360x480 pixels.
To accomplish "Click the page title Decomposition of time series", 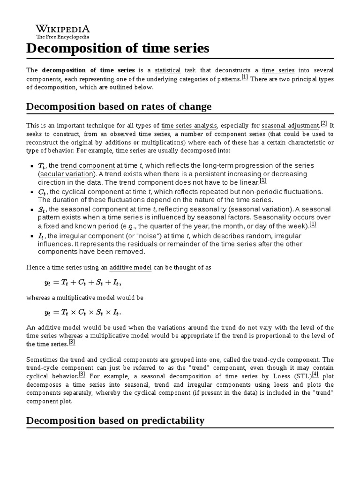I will [x=118, y=48].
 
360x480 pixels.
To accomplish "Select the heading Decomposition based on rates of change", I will [x=119, y=106].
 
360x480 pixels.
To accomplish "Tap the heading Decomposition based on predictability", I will [x=115, y=420].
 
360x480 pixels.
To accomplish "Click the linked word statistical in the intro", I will [x=167, y=70].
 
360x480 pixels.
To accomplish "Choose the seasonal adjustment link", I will [x=290, y=126].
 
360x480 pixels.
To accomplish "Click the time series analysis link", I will [x=189, y=126].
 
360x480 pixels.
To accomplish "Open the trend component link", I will [x=88, y=165].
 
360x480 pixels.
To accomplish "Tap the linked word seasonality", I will [x=208, y=209].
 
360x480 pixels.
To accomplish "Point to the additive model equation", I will [x=85, y=282].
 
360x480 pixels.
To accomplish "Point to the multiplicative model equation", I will [x=85, y=312].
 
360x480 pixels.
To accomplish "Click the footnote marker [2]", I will [x=323, y=124].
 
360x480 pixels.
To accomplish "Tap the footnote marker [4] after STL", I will [x=315, y=374].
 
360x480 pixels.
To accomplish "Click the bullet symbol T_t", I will [x=42, y=166].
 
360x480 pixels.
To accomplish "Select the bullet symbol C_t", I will [x=42, y=192].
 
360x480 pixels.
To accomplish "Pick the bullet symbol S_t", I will [x=42, y=210].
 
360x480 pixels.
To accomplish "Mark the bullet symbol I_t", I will [x=41, y=236].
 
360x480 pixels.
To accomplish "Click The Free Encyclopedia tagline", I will [x=63, y=37].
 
